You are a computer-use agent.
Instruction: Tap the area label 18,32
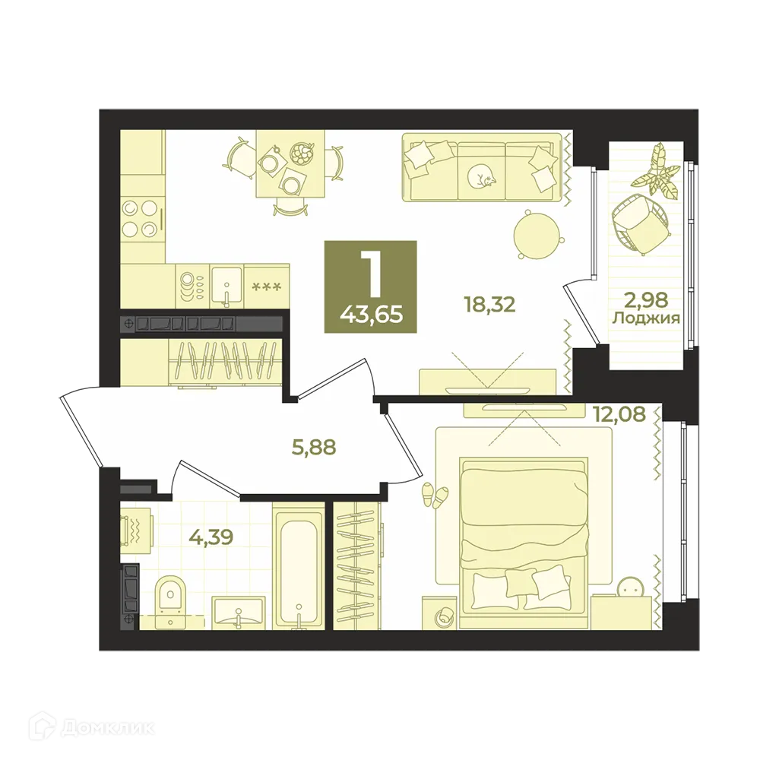pos(489,305)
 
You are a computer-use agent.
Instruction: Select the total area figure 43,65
pos(372,315)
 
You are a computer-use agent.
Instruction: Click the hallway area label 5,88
pos(314,447)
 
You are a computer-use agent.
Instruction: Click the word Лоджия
pos(645,318)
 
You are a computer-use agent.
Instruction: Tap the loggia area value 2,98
pos(645,300)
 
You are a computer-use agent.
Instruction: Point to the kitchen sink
pos(226,285)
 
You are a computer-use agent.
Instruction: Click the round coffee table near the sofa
pos(537,233)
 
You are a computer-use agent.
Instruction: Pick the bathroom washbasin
pos(239,613)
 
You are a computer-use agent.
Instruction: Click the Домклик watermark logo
pos(91,728)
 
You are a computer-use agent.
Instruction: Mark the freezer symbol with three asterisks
pos(267,287)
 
